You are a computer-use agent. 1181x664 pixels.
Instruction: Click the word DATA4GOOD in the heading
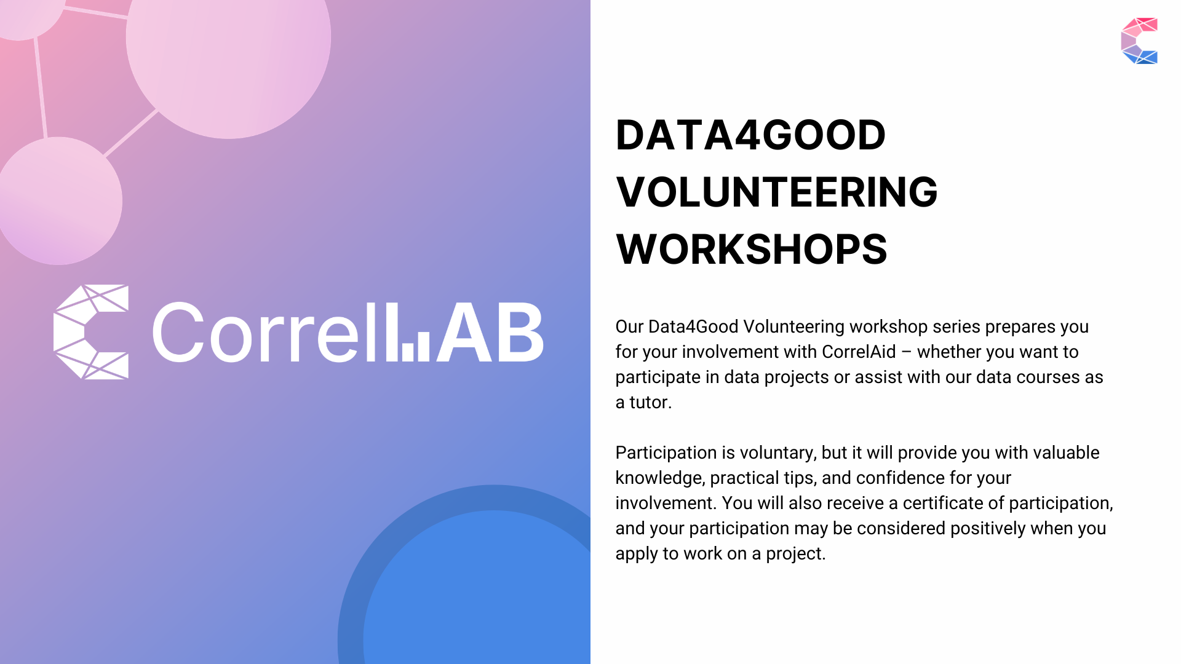pyautogui.click(x=750, y=135)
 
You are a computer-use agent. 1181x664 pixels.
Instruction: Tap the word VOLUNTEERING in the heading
pyautogui.click(x=776, y=192)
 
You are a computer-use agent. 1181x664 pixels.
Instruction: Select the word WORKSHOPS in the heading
pyautogui.click(x=751, y=250)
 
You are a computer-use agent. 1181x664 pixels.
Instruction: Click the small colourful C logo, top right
pyautogui.click(x=1139, y=41)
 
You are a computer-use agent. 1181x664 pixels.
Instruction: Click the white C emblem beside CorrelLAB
pyautogui.click(x=91, y=332)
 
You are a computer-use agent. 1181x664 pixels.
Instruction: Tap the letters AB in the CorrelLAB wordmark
pyautogui.click(x=490, y=332)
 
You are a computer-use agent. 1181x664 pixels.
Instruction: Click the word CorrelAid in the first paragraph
pyautogui.click(x=859, y=352)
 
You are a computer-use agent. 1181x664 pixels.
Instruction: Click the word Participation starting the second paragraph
pyautogui.click(x=666, y=453)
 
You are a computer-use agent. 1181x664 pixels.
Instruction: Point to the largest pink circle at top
pyautogui.click(x=228, y=43)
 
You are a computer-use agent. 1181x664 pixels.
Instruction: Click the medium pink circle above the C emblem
pyautogui.click(x=60, y=201)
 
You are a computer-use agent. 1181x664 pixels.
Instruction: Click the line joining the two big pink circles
pyautogui.click(x=130, y=133)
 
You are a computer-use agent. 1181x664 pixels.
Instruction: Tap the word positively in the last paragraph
pyautogui.click(x=987, y=528)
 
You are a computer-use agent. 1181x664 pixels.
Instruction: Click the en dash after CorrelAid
pyautogui.click(x=906, y=352)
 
